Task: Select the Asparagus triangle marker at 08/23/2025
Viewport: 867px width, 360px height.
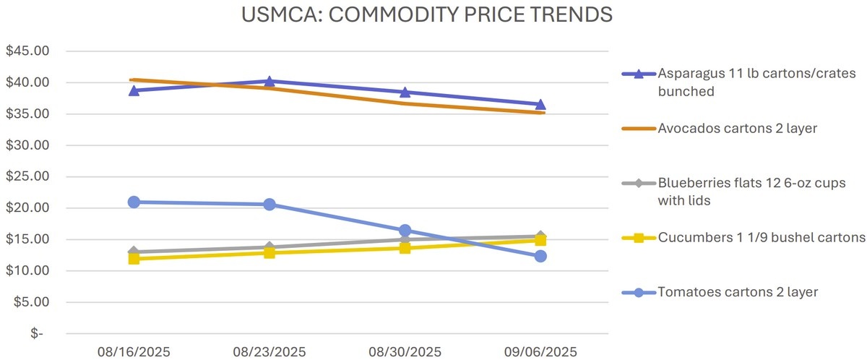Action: coord(269,81)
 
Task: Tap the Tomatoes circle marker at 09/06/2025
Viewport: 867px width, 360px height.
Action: coord(540,256)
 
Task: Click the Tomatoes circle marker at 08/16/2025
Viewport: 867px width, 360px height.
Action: coord(134,202)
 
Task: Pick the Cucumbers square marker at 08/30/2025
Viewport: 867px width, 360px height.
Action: coord(405,248)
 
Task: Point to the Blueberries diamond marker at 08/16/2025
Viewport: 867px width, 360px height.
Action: coord(134,252)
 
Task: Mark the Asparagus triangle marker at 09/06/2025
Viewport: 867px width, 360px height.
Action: coord(540,104)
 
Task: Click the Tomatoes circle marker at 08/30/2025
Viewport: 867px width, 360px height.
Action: coord(405,230)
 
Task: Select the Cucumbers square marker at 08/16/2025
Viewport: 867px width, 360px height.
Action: coord(134,258)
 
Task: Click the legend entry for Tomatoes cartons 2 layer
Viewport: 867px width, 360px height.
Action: coord(738,292)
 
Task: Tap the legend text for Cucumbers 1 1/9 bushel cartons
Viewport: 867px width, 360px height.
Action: coord(762,237)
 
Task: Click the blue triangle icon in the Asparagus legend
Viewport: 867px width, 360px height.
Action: coord(639,74)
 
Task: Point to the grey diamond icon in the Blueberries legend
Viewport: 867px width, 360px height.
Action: coord(639,183)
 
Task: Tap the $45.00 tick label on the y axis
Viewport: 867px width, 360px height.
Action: coord(27,51)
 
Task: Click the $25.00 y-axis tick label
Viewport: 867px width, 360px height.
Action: coord(27,176)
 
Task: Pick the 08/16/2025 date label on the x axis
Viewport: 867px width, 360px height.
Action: coord(134,351)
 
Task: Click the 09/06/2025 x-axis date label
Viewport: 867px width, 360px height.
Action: coord(540,351)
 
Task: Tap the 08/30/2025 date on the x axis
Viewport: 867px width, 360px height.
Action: coord(405,351)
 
